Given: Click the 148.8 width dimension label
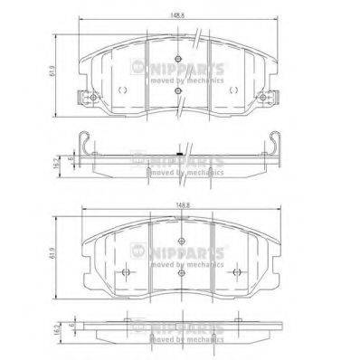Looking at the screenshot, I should [x=185, y=207].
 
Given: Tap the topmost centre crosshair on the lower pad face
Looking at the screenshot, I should [x=181, y=240].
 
